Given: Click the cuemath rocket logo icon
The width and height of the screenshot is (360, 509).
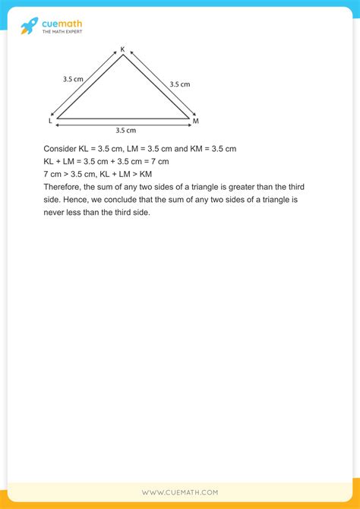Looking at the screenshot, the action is click(x=28, y=25).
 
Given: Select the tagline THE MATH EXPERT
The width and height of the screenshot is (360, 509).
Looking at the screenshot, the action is click(x=62, y=31).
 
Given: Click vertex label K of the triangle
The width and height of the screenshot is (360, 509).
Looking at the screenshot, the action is click(x=122, y=49).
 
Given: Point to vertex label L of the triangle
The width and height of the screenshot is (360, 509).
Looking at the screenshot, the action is click(x=50, y=120).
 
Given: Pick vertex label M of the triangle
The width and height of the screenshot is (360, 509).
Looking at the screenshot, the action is click(x=195, y=121).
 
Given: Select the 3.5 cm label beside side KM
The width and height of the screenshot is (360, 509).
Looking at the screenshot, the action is click(x=179, y=84).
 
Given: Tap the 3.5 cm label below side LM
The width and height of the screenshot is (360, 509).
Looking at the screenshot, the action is click(x=125, y=130).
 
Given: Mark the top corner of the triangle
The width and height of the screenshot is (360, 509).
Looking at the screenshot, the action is click(x=122, y=55).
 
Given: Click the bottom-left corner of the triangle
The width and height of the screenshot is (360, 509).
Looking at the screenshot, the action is click(x=57, y=119).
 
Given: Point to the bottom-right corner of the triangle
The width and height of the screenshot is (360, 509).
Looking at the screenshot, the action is click(x=188, y=119).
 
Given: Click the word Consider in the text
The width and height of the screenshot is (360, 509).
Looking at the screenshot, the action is click(x=61, y=148).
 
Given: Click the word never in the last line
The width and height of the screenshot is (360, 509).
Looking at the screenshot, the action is click(x=55, y=213).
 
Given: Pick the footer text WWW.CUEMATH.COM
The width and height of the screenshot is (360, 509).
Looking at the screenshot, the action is click(x=180, y=492).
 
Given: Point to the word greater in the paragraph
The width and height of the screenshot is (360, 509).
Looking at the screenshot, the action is click(x=240, y=187).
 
